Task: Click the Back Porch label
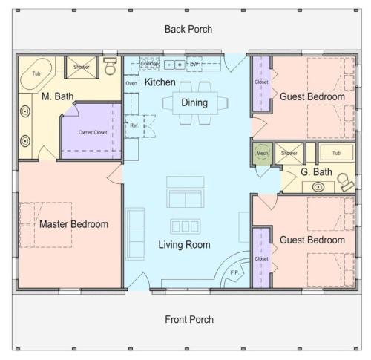point(188,29)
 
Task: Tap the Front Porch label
point(189,319)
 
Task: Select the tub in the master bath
point(36,73)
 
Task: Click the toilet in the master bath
point(110,66)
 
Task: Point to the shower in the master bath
point(82,67)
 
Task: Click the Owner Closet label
point(93,132)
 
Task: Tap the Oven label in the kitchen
point(131,83)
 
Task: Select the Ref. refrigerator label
point(134,125)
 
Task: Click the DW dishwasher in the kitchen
point(194,64)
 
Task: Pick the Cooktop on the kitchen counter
point(149,63)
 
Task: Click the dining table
point(195,103)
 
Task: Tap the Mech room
point(262,153)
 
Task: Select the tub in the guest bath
point(336,153)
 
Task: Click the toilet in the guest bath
point(346,182)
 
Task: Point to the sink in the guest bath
point(318,187)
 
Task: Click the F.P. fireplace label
point(234,272)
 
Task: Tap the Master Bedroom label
point(74,224)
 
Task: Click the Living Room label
point(184,245)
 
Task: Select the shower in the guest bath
point(289,154)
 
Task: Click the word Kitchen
point(160,82)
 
